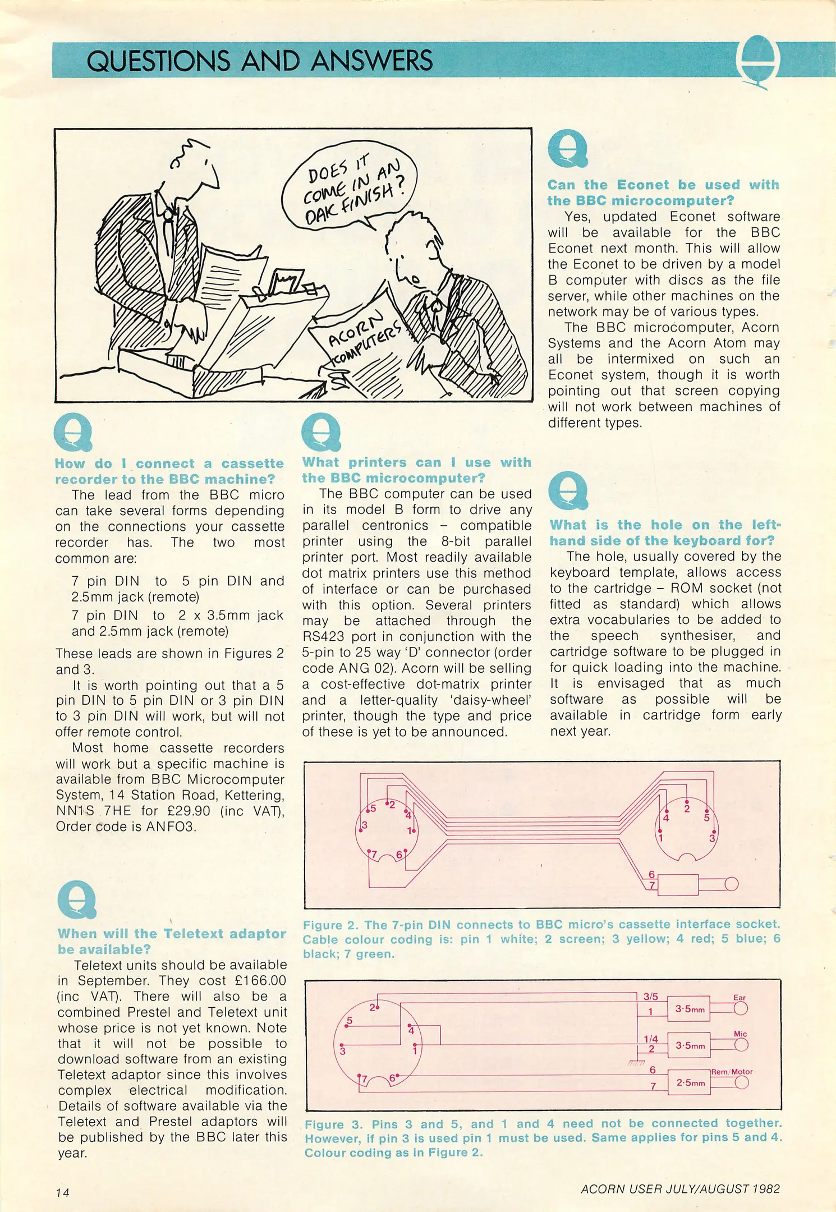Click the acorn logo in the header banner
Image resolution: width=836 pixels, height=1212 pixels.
[x=757, y=61]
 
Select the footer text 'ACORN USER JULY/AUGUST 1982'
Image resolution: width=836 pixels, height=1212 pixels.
[x=680, y=1188]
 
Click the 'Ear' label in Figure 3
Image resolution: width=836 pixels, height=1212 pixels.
[x=739, y=998]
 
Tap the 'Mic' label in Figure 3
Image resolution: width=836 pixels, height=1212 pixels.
[x=740, y=1034]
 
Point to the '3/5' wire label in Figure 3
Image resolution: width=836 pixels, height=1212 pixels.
[x=650, y=997]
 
